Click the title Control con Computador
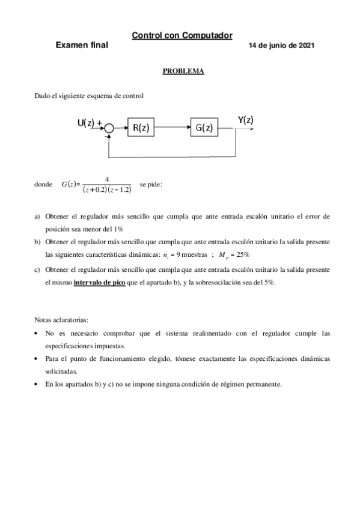pos(182,36)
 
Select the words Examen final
pos(82,46)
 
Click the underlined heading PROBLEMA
pos(183,72)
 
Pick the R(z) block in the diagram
pos(142,127)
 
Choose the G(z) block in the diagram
pos(203,127)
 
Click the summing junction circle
pos(109,128)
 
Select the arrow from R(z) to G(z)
pos(172,127)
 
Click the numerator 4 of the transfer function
pos(106,179)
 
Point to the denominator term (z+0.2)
pos(94,189)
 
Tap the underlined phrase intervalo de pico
pos(99,282)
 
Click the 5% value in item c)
pos(268,282)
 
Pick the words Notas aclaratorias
pos(61,319)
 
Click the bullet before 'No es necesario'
pos(37,333)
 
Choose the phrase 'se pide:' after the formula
pos(150,183)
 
